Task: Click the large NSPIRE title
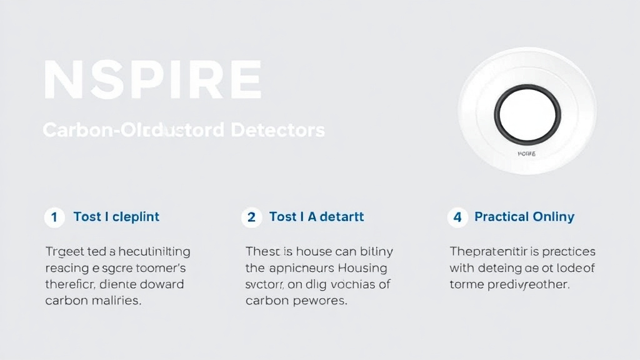coord(152,81)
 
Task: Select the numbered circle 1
coord(54,217)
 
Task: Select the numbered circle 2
coord(251,217)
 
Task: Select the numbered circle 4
coord(457,217)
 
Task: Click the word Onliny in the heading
coord(554,217)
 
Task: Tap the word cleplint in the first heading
coord(136,217)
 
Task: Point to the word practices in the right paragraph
coord(569,252)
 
